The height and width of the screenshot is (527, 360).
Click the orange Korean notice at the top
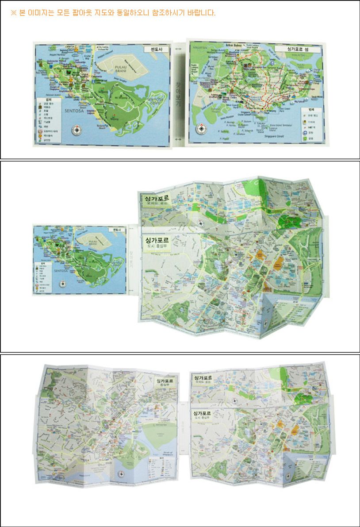click(x=113, y=13)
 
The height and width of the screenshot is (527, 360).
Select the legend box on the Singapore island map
click(x=312, y=125)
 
